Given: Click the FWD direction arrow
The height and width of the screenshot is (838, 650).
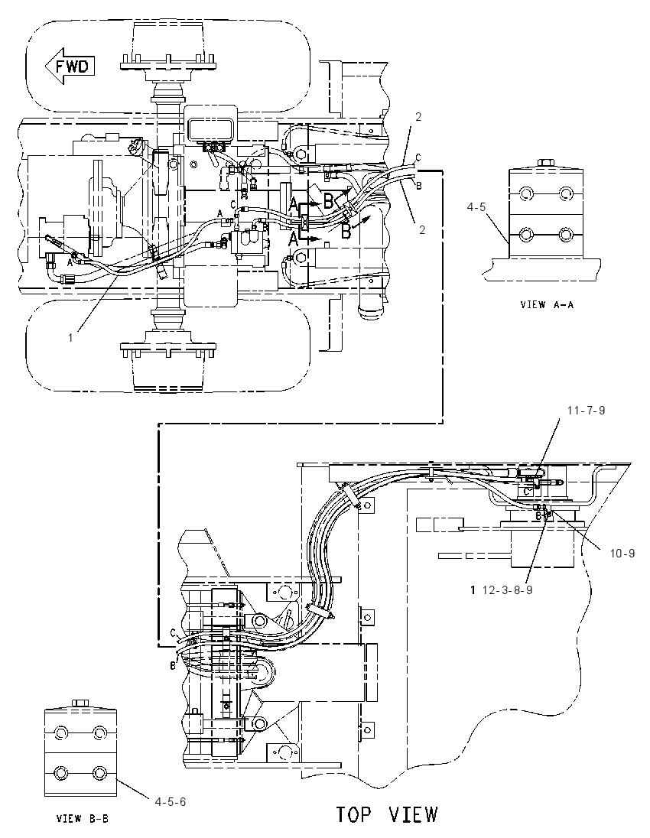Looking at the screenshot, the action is [70, 67].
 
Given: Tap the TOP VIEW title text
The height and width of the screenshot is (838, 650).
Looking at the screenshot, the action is [387, 814].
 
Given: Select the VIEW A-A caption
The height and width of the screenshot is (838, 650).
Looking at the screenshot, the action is [546, 305].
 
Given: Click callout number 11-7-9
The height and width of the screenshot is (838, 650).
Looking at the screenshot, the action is [587, 411].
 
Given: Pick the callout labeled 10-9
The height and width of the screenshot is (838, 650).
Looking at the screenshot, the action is [622, 554].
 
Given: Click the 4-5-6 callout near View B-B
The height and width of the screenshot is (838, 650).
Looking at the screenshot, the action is [171, 801].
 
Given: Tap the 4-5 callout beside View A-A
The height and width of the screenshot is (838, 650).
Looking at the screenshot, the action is [476, 206].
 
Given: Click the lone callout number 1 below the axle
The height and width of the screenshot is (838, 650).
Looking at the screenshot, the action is [70, 338].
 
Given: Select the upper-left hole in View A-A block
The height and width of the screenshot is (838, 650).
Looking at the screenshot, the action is [526, 193].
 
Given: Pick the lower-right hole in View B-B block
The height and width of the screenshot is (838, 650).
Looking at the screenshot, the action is [100, 773].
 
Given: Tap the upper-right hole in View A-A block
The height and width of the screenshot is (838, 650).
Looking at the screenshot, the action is [566, 193].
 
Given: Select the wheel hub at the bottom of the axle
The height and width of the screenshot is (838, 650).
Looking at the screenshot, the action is [167, 362].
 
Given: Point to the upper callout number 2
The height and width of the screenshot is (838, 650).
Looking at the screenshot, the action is [418, 116].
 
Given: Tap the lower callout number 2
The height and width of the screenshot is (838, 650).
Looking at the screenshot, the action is [422, 230].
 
